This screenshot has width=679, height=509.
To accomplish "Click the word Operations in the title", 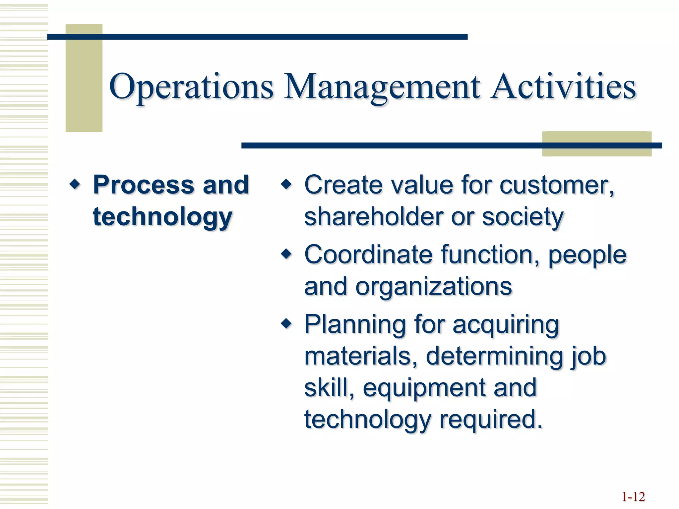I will point(191,87).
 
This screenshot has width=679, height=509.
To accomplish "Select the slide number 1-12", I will point(633,497).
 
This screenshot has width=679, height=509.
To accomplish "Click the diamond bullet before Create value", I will point(286,184).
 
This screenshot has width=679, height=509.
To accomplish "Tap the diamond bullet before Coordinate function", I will point(286,254).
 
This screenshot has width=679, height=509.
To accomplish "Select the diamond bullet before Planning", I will point(286,323).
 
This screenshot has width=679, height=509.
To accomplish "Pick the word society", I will point(523,217).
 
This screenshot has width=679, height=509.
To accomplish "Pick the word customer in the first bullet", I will point(557,185).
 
